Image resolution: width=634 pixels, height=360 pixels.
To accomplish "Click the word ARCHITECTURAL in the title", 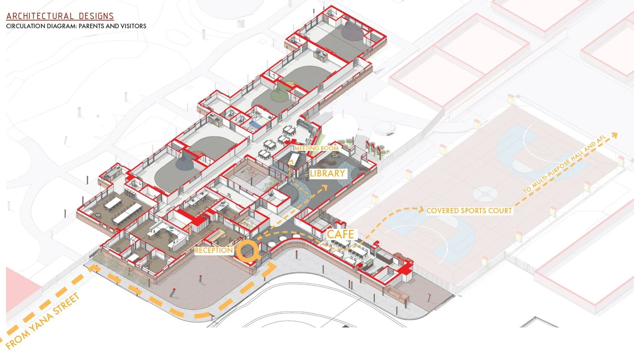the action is (x=40, y=16).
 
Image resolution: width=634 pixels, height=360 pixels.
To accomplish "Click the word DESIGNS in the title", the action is (x=96, y=16).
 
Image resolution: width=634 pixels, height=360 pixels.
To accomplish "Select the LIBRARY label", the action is (x=327, y=173).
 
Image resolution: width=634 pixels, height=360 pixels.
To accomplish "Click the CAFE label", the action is (x=340, y=234).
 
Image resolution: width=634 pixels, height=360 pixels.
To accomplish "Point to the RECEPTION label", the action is (x=214, y=250).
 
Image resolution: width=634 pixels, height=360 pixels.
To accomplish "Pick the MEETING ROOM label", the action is (x=316, y=148).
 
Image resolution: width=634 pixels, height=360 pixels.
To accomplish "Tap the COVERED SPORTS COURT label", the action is (x=469, y=211).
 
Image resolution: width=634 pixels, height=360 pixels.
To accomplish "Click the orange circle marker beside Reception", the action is (x=247, y=251).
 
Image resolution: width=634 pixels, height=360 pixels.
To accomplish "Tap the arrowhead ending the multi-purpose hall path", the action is (x=615, y=135).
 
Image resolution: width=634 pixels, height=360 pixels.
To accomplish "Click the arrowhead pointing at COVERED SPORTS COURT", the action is (x=421, y=210).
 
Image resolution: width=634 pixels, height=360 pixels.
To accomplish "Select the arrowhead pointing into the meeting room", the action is (x=292, y=162).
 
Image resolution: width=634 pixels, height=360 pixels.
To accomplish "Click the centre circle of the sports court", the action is (x=485, y=193).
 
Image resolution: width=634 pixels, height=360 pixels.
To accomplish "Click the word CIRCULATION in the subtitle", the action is (x=24, y=26).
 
